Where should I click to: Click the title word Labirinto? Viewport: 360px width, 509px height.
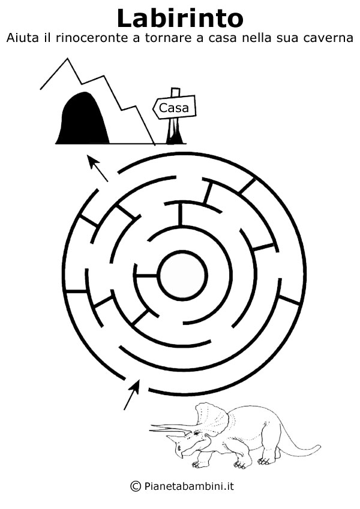point(180,18)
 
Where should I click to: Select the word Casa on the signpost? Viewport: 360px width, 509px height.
point(174,108)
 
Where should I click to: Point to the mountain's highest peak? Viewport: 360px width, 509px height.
point(68,58)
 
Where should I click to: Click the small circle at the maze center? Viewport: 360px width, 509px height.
point(182,275)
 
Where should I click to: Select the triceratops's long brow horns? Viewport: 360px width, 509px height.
point(170,429)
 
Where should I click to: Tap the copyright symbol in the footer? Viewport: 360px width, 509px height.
point(136,486)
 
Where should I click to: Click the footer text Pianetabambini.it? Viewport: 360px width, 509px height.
point(188,486)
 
